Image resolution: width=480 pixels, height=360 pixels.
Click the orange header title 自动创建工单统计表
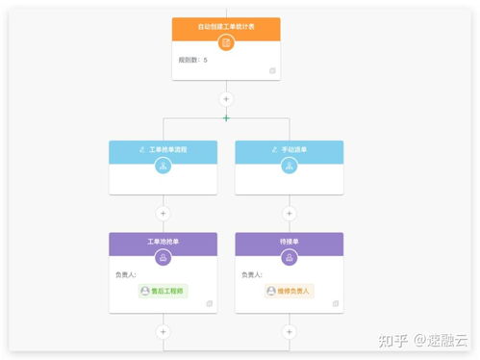pyautogui.click(x=226, y=26)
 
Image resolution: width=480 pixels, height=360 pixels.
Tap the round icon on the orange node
pyautogui.click(x=226, y=42)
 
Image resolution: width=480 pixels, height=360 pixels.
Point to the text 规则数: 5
pyautogui.click(x=192, y=61)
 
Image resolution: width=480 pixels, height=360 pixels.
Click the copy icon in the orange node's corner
pyautogui.click(x=272, y=70)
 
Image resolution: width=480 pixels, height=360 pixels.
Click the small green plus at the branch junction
pyautogui.click(x=226, y=118)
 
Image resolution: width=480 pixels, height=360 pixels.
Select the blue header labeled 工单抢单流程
pyautogui.click(x=163, y=150)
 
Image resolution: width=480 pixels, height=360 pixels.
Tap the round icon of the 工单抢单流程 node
pyautogui.click(x=163, y=166)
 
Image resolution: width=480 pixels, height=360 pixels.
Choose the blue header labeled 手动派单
pyautogui.click(x=289, y=150)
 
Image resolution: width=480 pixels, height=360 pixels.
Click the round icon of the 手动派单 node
pyautogui.click(x=289, y=166)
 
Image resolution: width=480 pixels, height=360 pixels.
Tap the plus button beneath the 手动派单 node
pyautogui.click(x=289, y=213)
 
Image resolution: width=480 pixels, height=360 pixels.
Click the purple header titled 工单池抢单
pyautogui.click(x=163, y=241)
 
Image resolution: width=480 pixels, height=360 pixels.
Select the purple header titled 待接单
pyautogui.click(x=289, y=241)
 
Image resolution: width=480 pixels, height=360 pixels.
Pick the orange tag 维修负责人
pyautogui.click(x=290, y=290)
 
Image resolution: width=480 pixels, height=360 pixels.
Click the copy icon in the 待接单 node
pyautogui.click(x=336, y=303)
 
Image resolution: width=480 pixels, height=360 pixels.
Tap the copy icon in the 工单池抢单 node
pyautogui.click(x=209, y=303)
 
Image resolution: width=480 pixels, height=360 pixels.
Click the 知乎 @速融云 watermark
pyautogui.click(x=422, y=339)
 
